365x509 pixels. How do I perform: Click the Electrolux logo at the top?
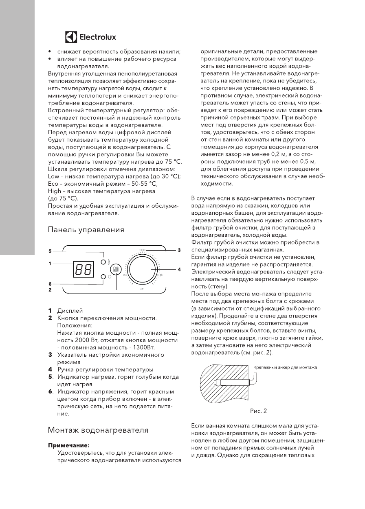pos(90,37)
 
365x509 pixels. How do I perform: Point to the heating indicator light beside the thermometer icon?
pos(103,262)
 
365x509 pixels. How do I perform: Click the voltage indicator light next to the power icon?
pos(103,277)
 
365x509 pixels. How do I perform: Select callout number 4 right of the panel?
pos(179,269)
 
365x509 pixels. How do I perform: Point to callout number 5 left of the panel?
pos(50,251)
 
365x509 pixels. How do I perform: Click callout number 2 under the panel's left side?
pos(50,289)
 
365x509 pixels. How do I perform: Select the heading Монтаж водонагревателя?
pos(98,430)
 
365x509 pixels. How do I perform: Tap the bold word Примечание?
pos(68,445)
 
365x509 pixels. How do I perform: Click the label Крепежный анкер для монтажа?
pos(285,367)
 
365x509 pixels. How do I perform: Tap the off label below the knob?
pos(142,289)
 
